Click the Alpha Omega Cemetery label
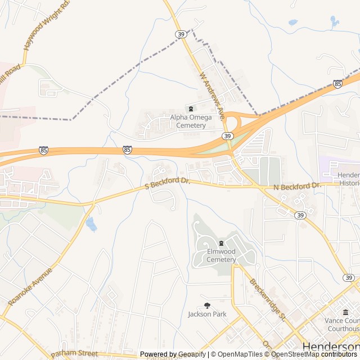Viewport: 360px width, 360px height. coord(191,121)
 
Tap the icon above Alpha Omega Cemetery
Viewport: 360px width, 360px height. coord(191,109)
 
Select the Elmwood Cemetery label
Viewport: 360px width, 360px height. coord(221,255)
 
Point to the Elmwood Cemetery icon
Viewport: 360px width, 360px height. coord(221,243)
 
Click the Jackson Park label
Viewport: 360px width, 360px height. coord(207,314)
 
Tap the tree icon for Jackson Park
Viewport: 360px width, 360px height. coord(207,305)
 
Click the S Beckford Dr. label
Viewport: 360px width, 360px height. coord(168,183)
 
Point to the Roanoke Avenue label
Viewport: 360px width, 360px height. coord(31,286)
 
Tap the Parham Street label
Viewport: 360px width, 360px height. coord(74,354)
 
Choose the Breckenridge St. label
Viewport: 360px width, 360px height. coord(268,299)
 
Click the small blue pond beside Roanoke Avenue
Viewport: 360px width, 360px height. coord(91,224)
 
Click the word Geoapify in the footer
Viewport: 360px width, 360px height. coord(192,354)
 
